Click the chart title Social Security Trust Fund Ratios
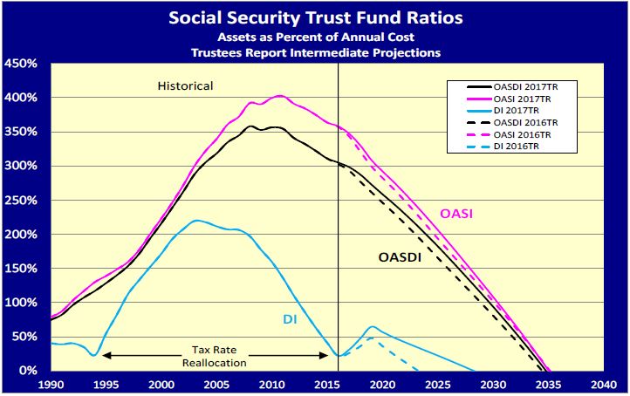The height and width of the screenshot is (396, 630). tap(314, 17)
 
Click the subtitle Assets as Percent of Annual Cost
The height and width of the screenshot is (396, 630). tap(314, 38)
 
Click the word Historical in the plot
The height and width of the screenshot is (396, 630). tap(185, 86)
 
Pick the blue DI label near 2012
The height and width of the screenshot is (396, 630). tap(291, 319)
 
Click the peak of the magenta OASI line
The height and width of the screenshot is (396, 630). tap(279, 96)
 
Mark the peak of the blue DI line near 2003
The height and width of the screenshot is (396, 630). tap(196, 221)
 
